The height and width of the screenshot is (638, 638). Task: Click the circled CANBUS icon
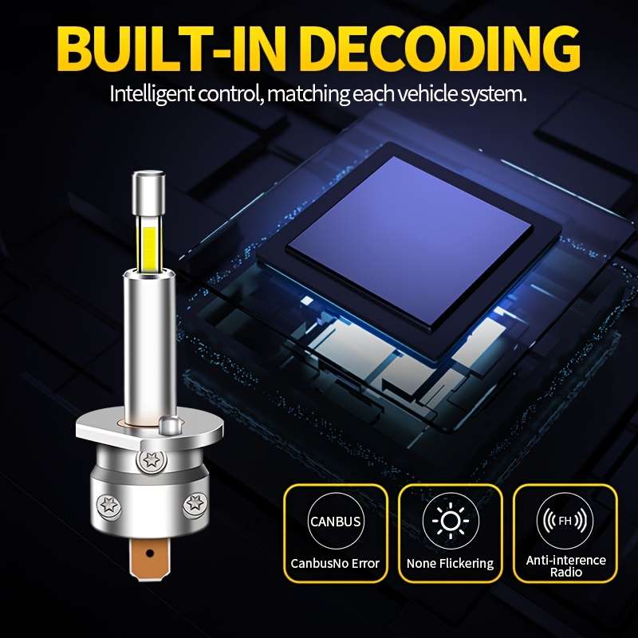tap(335, 521)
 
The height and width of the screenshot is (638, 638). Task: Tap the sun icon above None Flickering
tap(451, 521)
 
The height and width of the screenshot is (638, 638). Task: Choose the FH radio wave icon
tap(565, 521)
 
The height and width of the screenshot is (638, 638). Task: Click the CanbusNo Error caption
tap(335, 564)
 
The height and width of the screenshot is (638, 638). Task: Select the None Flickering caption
tap(450, 564)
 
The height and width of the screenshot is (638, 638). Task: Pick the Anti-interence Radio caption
tap(565, 566)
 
